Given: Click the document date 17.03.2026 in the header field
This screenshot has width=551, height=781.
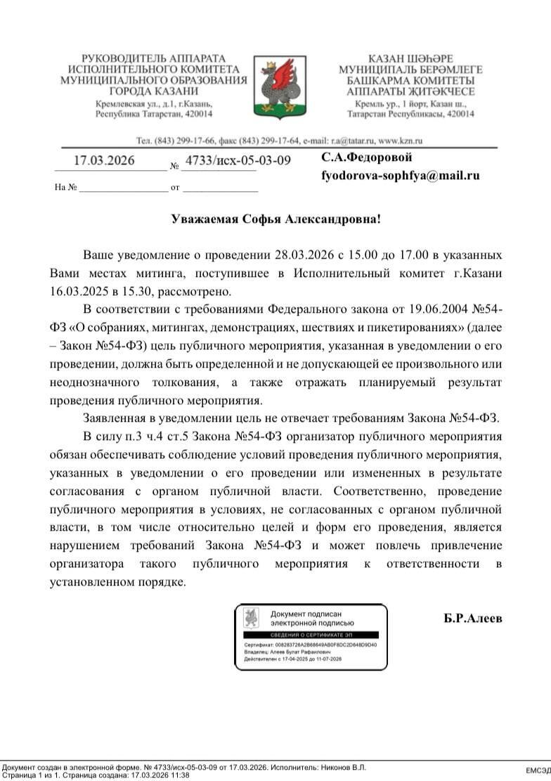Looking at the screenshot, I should coord(104,160).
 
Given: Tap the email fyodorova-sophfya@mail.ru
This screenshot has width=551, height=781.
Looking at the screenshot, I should coord(401,176).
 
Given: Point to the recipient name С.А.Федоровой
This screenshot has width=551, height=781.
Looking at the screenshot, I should coord(367,157).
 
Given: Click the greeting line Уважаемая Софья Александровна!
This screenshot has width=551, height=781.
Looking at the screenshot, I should coord(275,219).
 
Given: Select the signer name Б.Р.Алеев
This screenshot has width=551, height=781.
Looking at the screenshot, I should coord(473,619).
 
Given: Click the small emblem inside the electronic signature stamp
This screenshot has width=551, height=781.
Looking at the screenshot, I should coord(251,618).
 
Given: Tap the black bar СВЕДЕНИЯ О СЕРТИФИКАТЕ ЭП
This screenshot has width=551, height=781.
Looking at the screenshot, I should coord(310,635).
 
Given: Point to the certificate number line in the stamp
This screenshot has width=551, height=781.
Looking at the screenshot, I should coord(310,644).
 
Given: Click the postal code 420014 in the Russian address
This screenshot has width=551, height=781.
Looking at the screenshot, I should coord(197,113).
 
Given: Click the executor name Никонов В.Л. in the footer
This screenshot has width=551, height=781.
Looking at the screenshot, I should coord(344,767).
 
